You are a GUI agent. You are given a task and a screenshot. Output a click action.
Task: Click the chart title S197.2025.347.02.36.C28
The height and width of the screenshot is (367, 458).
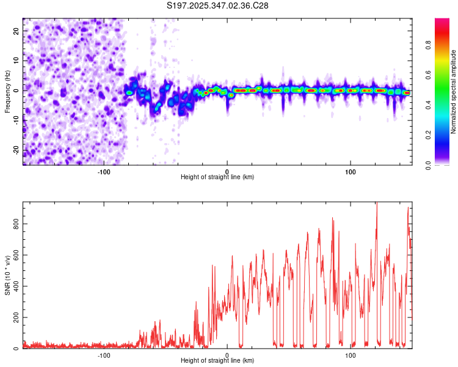coord(218,6)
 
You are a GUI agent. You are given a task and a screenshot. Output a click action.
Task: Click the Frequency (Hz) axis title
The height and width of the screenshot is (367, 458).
coord(7,92)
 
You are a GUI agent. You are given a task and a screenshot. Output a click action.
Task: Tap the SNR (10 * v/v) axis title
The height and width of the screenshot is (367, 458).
coord(7,275)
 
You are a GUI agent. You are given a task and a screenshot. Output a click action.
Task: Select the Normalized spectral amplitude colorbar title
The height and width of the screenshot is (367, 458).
coord(453,92)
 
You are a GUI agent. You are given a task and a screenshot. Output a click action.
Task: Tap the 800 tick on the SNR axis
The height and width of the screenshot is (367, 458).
coord(16,224)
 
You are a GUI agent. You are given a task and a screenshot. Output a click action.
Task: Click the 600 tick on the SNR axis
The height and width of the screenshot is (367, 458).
coord(16,255)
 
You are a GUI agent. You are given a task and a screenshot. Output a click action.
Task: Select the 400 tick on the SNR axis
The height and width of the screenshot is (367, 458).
coord(16,286)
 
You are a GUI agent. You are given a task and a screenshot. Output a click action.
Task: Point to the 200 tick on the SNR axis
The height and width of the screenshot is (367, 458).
coord(16,317)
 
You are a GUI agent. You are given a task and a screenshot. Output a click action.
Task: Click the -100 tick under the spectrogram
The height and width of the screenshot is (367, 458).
coord(103,171)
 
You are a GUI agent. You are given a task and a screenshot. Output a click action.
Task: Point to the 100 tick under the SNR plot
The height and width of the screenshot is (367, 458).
coord(351,355)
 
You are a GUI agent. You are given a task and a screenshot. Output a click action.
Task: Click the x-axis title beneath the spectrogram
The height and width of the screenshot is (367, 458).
coord(217,177)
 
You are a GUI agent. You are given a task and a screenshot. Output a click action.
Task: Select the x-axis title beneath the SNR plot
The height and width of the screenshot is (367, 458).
coord(217,361)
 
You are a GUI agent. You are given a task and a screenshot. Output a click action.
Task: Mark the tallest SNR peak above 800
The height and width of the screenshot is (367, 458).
coord(377,204)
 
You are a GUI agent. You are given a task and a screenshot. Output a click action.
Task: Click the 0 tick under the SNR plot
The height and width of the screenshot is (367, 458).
coord(227,355)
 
